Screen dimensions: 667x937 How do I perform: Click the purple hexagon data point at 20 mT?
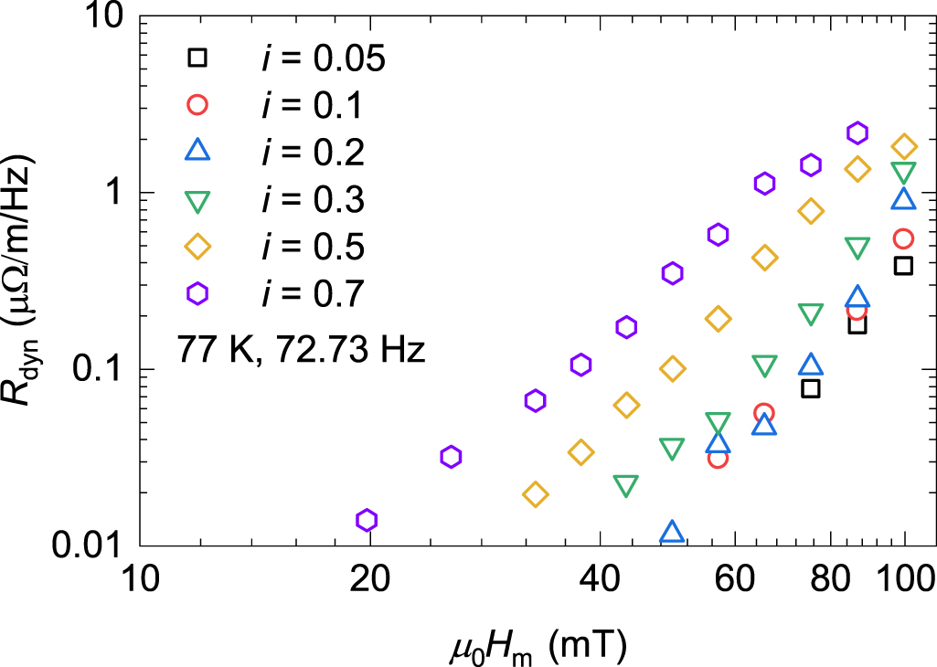367,520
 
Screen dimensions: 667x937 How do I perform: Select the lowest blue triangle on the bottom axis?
672,532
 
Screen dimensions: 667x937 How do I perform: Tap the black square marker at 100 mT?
904,266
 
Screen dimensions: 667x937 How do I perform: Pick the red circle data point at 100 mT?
904,238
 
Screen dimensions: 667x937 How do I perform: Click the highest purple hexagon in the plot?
857,133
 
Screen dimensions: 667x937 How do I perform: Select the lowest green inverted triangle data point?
625,485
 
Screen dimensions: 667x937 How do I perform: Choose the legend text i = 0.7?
312,293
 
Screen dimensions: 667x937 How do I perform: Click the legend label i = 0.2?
312,152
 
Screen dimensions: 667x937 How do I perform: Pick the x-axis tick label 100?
905,579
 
